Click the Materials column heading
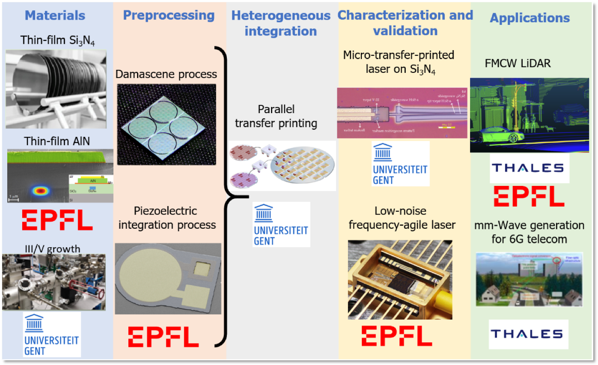(55, 16)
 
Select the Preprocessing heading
(169, 15)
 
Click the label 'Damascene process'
(166, 74)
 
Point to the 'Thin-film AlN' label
(57, 141)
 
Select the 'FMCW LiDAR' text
(518, 63)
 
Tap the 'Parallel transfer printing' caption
(276, 117)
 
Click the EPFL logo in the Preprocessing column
(164, 337)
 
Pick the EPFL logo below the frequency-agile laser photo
(396, 335)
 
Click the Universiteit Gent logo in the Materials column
(52, 335)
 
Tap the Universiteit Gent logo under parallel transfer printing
(281, 224)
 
